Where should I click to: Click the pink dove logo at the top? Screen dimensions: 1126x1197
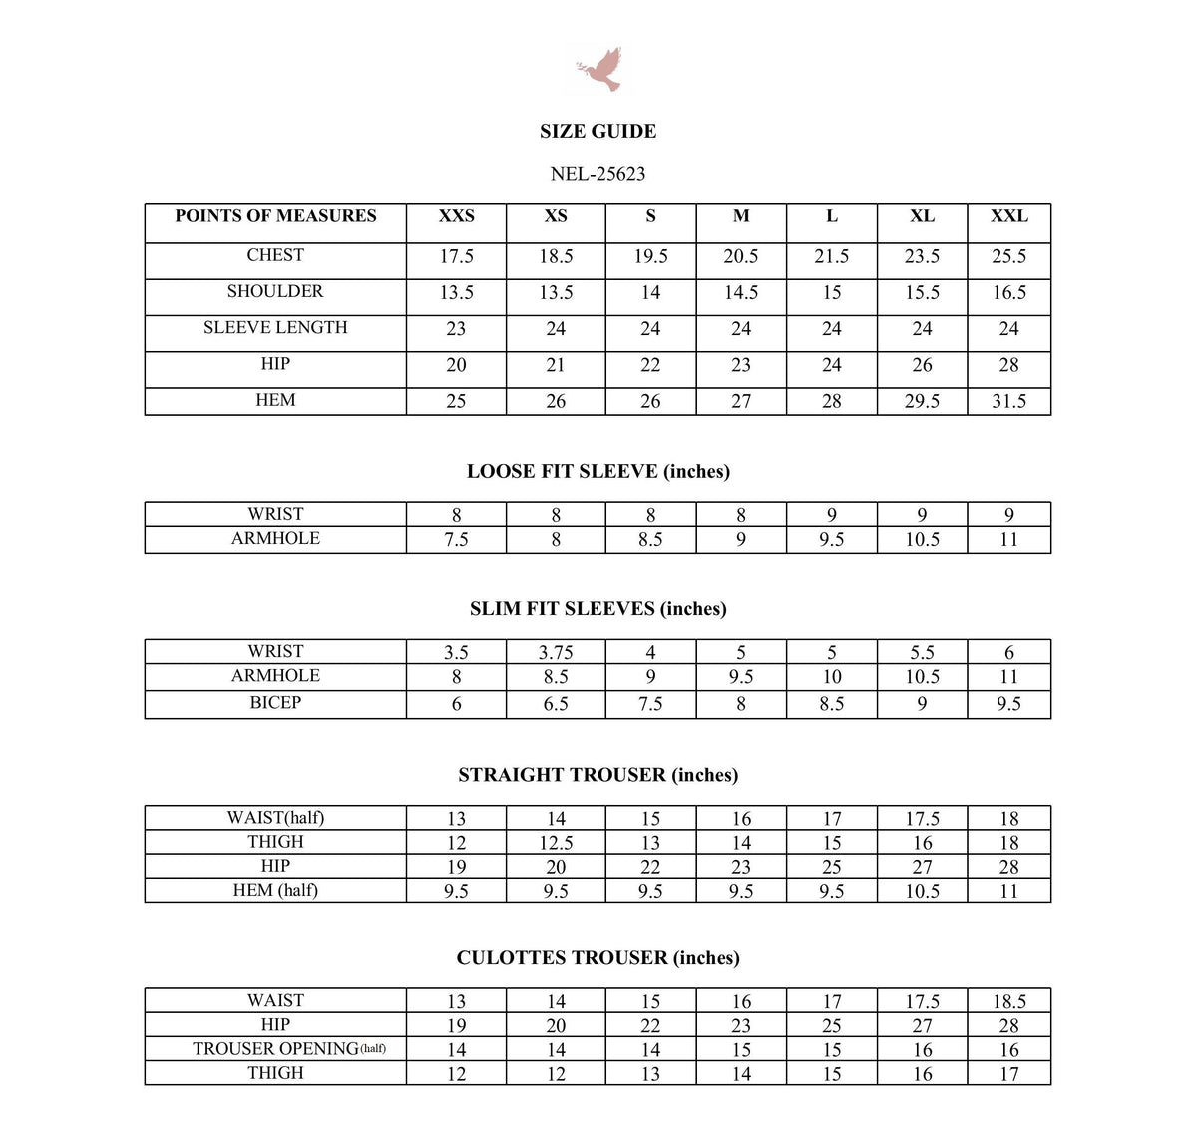click(x=598, y=69)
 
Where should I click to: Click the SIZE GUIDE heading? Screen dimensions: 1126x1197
click(x=598, y=131)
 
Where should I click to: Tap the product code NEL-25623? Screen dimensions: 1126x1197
click(x=598, y=174)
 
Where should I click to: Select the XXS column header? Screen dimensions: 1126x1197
click(x=456, y=216)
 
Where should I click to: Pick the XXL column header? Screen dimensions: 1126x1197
click(x=1008, y=216)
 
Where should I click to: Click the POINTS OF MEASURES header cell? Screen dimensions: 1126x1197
click(x=275, y=216)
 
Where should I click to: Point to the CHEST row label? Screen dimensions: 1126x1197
click(x=275, y=255)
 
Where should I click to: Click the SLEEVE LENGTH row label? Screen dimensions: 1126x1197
click(x=275, y=327)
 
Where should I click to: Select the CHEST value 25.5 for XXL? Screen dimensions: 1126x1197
click(x=1008, y=256)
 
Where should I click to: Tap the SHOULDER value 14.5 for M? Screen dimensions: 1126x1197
click(x=740, y=292)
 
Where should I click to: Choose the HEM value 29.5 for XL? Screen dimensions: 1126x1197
click(x=922, y=401)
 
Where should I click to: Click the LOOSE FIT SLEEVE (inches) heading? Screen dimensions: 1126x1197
click(x=598, y=471)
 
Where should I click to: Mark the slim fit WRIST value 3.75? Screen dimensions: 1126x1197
click(x=556, y=653)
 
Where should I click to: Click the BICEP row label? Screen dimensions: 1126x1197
click(x=275, y=702)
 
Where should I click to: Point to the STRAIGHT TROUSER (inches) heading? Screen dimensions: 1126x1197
click(x=598, y=775)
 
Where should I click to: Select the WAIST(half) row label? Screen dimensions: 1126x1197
click(x=275, y=818)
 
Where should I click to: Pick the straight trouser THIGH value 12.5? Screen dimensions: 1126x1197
click(x=556, y=843)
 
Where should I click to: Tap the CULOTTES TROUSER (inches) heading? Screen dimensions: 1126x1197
click(x=598, y=957)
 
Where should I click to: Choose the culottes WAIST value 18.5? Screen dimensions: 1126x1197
click(x=1008, y=1001)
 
